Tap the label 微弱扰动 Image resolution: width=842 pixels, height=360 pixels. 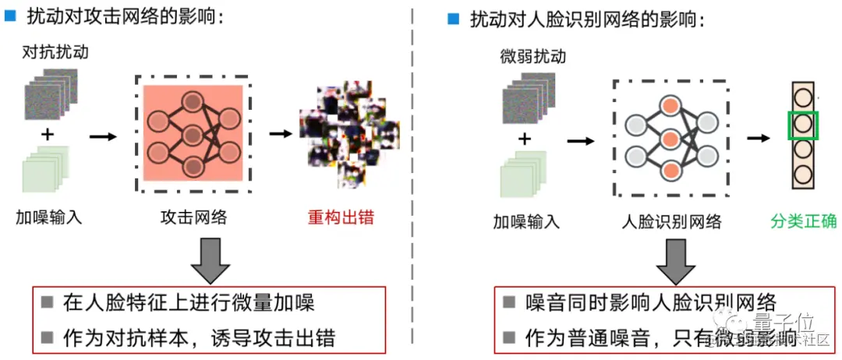532,57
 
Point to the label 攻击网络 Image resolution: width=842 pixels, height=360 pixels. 193,217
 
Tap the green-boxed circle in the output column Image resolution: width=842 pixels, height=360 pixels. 802,125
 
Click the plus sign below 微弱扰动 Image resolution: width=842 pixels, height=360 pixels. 525,139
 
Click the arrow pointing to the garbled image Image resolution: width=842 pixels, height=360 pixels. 280,134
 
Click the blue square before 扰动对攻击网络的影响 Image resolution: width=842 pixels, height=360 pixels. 11,16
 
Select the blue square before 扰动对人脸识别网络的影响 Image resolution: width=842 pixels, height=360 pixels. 453,19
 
